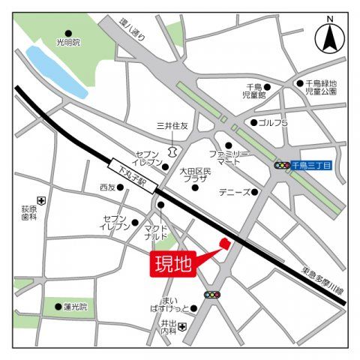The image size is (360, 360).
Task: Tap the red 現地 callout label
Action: [173, 263]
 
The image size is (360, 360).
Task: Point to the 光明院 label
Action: [67, 42]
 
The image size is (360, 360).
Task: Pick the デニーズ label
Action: [234, 192]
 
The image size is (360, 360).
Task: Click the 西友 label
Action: [108, 187]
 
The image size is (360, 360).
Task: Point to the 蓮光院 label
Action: [75, 306]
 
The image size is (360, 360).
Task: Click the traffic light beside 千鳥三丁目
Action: [283, 165]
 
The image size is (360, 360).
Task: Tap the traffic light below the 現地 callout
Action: [213, 295]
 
